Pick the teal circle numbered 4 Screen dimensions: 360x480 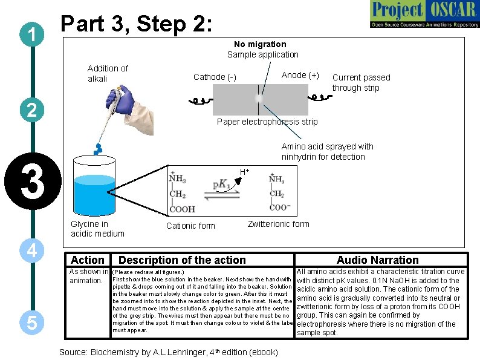point(30,250)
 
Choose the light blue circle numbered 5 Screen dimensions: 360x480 point(30,323)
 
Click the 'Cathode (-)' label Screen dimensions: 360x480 point(215,77)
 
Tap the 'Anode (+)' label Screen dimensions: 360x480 point(300,75)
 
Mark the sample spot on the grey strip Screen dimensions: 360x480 point(259,98)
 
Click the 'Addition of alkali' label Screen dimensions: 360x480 point(108,73)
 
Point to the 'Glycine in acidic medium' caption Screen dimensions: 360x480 point(97,229)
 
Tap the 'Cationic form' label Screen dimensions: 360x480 point(190,226)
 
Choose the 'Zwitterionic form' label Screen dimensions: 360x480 point(278,224)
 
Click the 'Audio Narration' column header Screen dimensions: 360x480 point(377,260)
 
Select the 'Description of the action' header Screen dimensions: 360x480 point(182,260)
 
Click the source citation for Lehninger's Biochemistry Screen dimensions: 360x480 point(168,352)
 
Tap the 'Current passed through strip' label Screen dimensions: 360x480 point(361,82)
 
